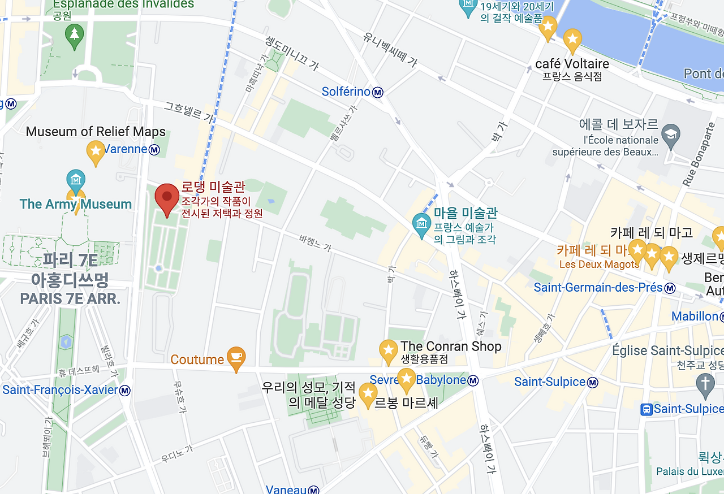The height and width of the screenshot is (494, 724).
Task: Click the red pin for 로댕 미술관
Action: (x=167, y=198)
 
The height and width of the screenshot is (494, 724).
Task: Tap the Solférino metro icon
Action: (x=378, y=92)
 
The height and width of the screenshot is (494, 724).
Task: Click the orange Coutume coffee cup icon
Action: (x=236, y=358)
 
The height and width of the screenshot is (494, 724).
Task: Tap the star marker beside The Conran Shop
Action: (x=389, y=350)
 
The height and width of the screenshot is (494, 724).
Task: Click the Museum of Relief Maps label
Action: (x=96, y=132)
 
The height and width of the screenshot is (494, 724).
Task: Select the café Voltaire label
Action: (x=572, y=64)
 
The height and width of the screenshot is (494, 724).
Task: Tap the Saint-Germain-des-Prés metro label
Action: (x=598, y=288)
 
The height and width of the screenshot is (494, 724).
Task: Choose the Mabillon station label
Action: (x=695, y=317)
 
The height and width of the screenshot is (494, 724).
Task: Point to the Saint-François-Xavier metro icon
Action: (x=125, y=391)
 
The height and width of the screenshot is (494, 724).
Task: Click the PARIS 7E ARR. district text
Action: (x=70, y=298)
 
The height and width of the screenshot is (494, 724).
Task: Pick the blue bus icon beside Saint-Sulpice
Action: (x=646, y=409)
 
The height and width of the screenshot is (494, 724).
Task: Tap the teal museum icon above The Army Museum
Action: (x=76, y=180)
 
